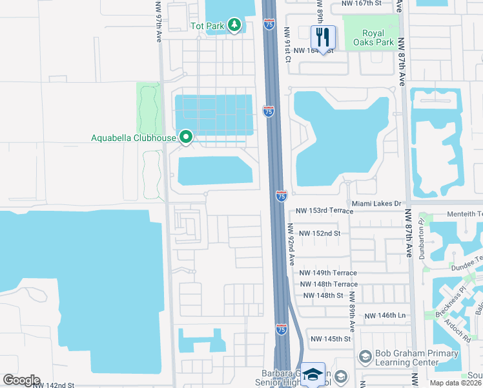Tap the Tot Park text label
207,27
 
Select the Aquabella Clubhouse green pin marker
186,137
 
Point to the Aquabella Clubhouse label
134,137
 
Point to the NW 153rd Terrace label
325,211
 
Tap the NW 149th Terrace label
329,273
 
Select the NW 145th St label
330,339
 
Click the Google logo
21,380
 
